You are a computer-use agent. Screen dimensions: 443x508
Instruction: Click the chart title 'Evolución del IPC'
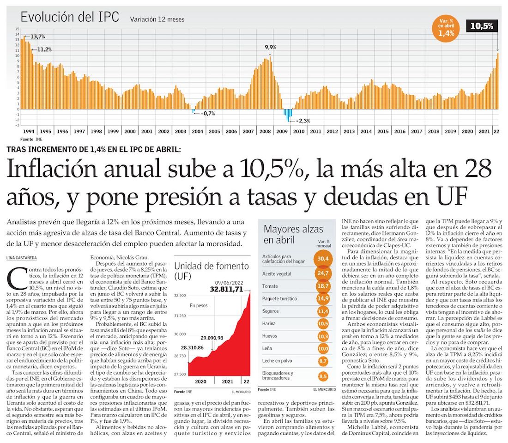click(70, 17)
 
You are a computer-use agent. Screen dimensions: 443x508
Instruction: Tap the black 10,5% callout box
click(482, 26)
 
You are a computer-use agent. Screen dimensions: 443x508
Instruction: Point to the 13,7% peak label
click(37, 36)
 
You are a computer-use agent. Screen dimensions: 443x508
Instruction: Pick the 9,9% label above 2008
click(270, 47)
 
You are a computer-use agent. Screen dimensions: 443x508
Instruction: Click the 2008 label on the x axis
click(265, 132)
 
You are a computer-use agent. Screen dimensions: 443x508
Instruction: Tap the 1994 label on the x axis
click(29, 132)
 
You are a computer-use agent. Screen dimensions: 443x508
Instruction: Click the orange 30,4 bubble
click(323, 259)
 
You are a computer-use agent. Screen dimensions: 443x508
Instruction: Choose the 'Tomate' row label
click(270, 286)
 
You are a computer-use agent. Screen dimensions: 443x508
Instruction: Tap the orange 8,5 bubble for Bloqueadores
click(323, 376)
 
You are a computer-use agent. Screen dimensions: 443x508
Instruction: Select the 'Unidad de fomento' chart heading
click(212, 271)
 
